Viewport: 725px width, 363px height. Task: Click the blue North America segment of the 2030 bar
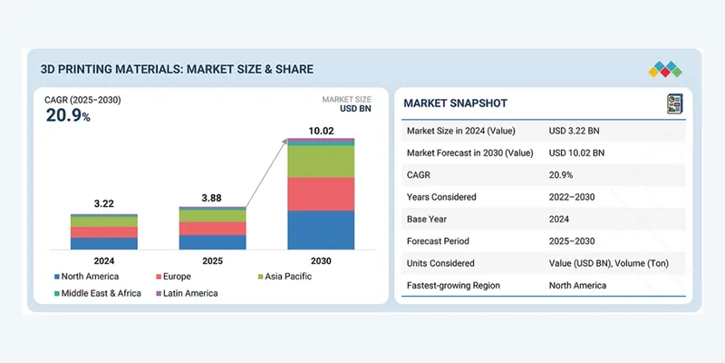pyautogui.click(x=321, y=230)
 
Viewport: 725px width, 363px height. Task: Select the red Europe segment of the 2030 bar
pyautogui.click(x=321, y=193)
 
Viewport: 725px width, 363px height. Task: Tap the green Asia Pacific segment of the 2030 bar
pyautogui.click(x=321, y=161)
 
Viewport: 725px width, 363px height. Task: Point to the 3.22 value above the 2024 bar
pyautogui.click(x=103, y=203)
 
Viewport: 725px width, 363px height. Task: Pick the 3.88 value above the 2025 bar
pyautogui.click(x=212, y=197)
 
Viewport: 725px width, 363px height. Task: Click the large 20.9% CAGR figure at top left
pyautogui.click(x=68, y=115)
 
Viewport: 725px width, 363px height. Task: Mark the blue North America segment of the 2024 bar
pyautogui.click(x=103, y=243)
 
